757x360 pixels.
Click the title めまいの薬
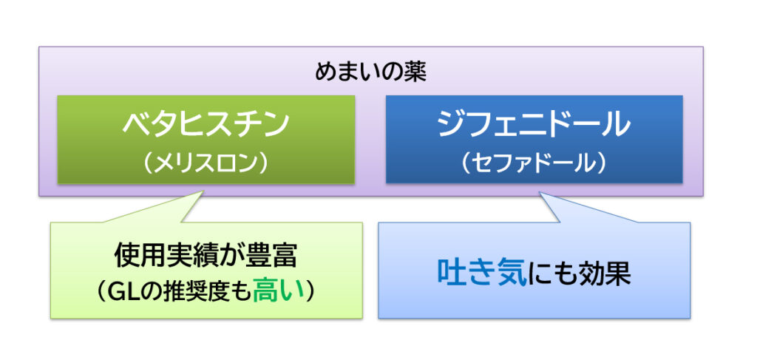371,73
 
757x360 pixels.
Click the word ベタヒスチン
206,125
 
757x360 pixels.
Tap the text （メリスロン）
206,164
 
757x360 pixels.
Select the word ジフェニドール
534,124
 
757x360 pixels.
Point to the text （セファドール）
534,164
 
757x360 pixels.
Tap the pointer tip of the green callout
203,191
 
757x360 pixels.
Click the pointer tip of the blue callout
539,192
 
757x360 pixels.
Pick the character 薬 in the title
415,73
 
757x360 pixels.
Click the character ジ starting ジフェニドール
451,125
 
